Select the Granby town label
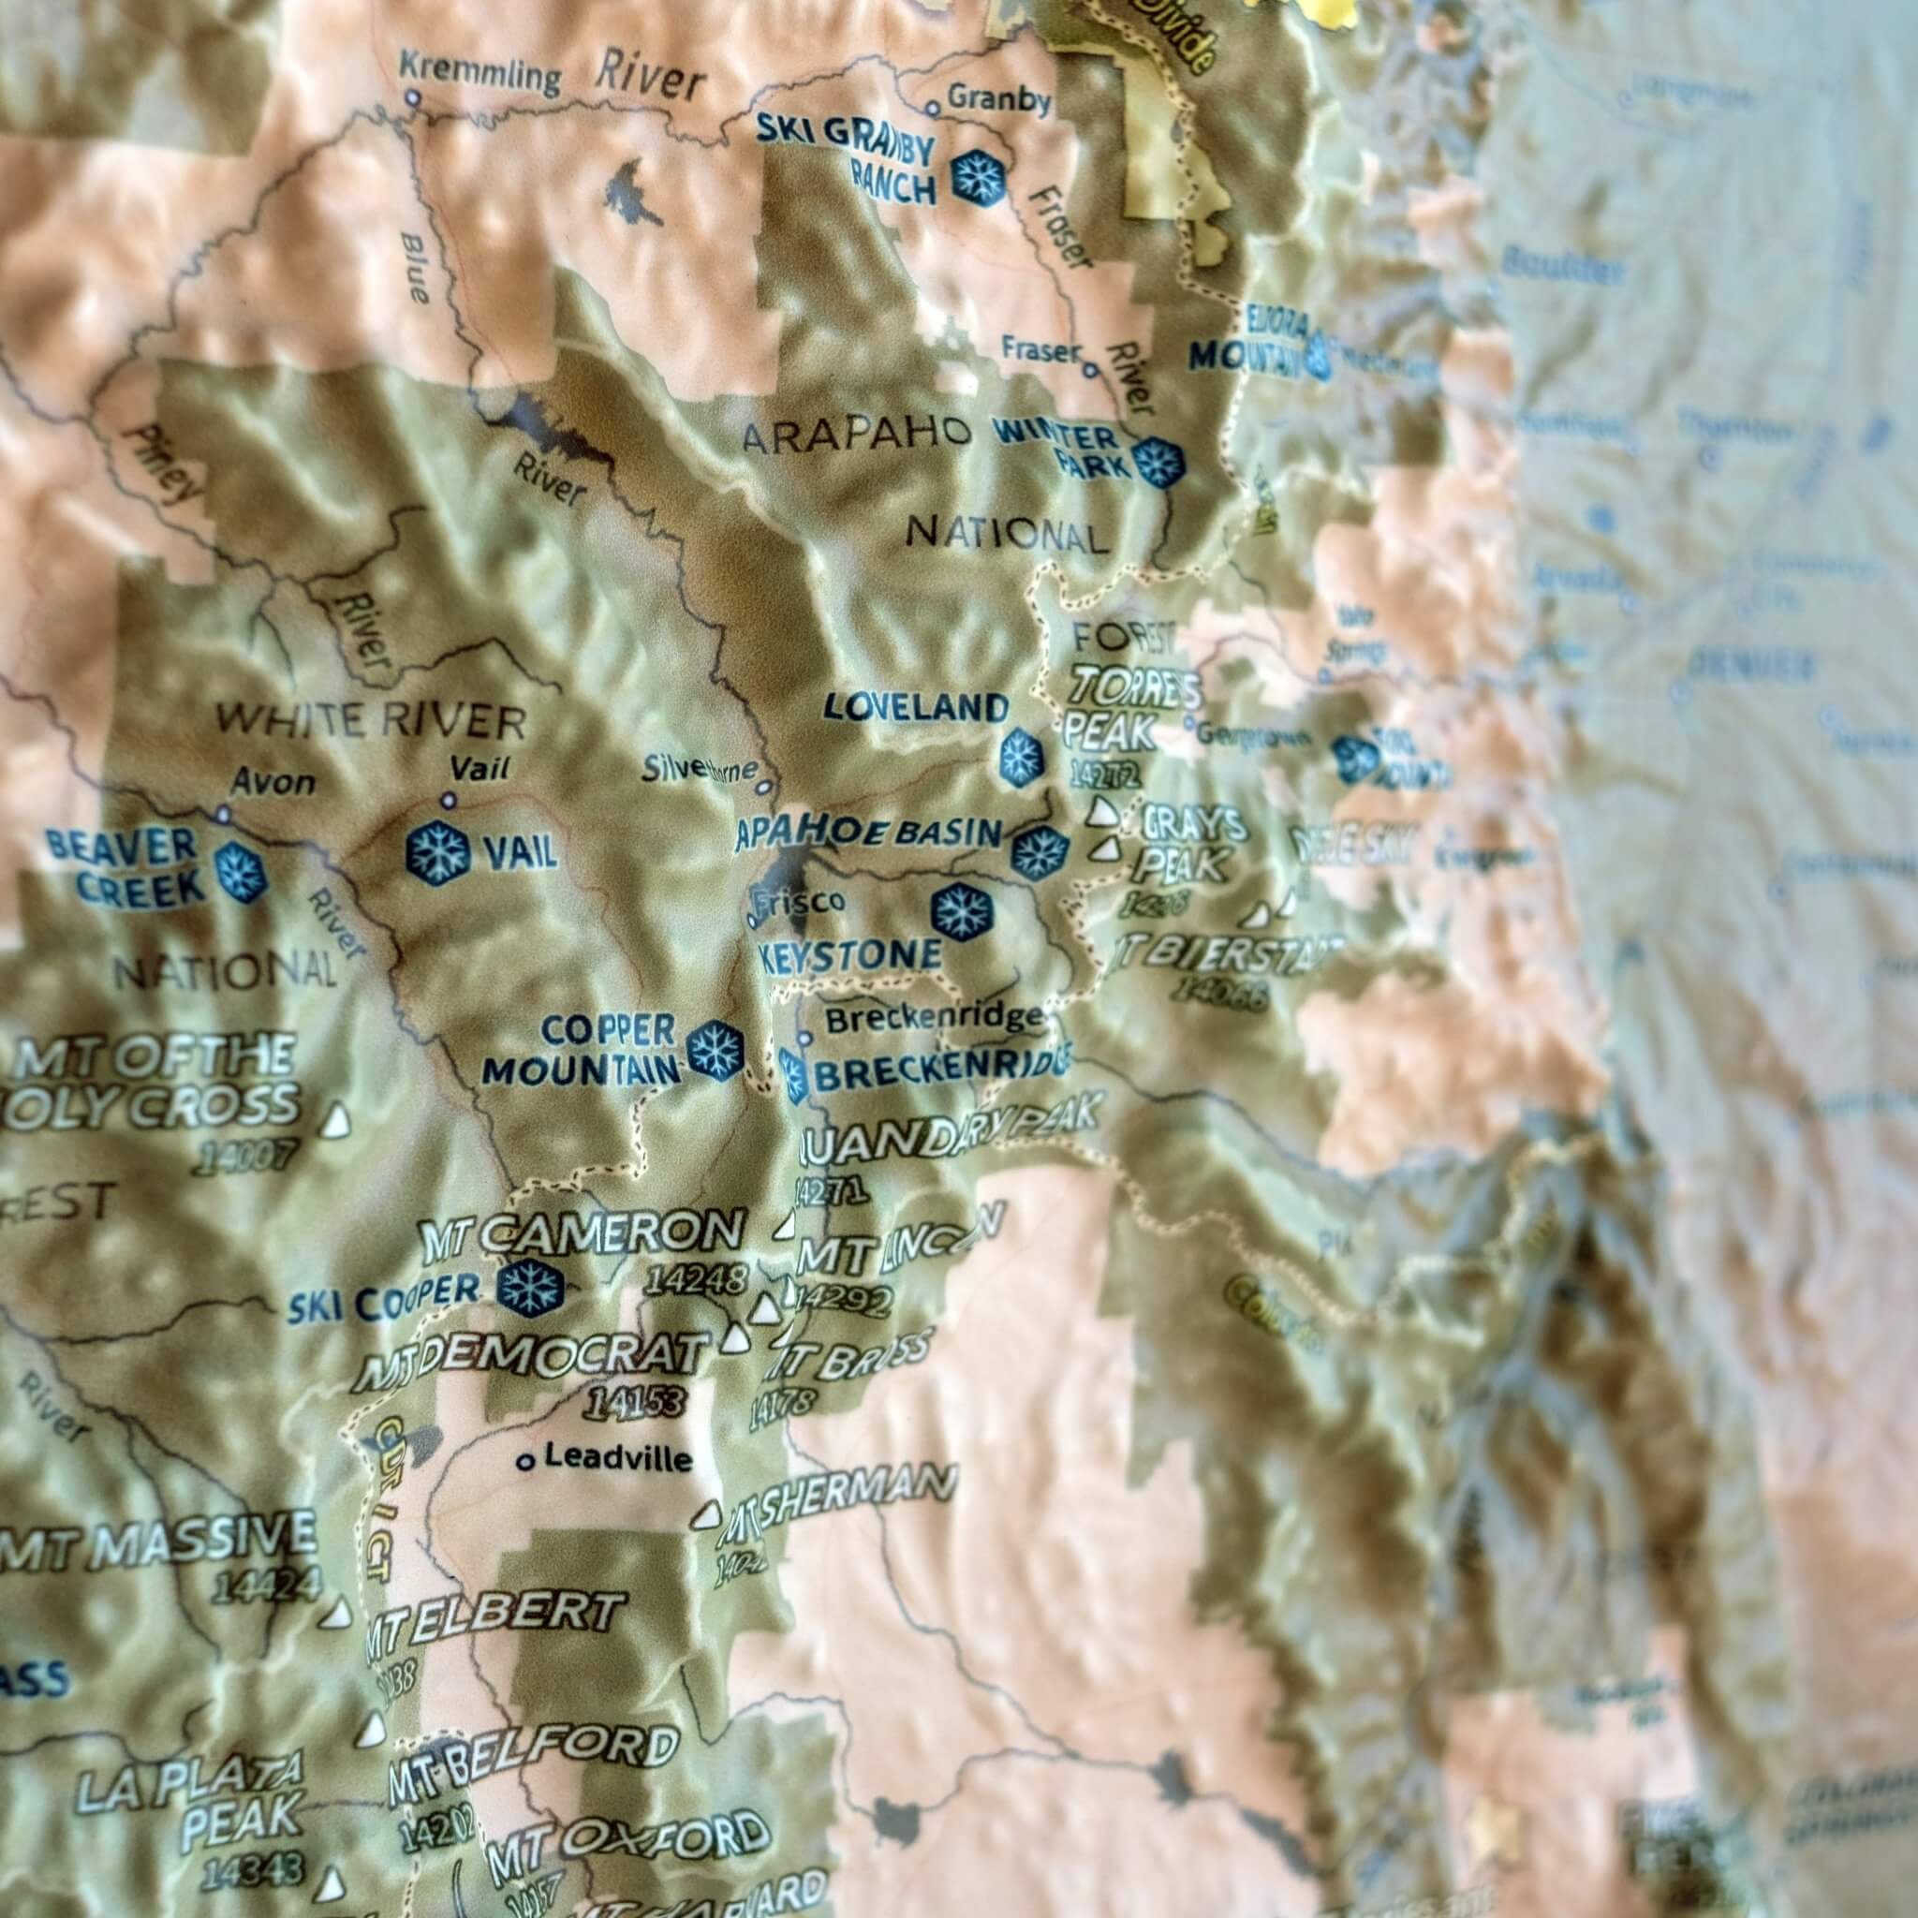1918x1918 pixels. coord(998,99)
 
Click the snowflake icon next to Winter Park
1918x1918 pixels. coord(1158,463)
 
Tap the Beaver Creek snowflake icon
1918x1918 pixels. coord(242,871)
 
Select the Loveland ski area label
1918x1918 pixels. coord(915,708)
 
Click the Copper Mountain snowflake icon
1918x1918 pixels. coord(716,1048)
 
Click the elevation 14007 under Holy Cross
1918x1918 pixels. coord(246,1158)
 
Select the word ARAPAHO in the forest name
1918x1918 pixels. coord(856,434)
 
